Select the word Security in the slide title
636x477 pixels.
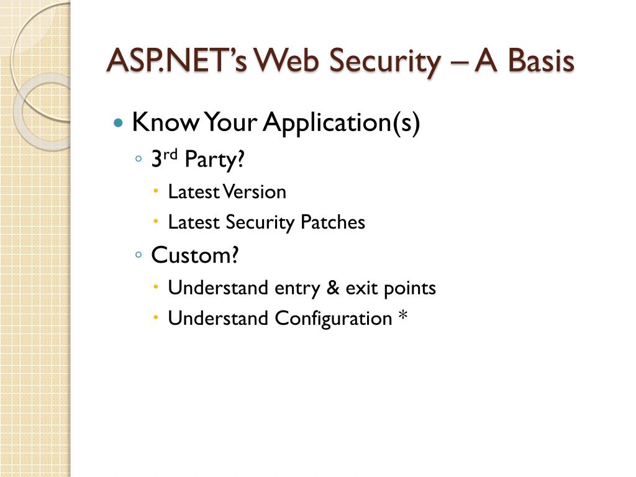coord(384,61)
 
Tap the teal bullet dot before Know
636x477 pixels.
coord(119,123)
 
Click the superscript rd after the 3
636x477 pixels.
coord(171,155)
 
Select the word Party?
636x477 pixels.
coord(211,160)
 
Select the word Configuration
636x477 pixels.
coord(333,319)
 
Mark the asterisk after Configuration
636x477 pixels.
coord(403,317)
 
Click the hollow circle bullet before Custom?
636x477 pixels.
coord(139,255)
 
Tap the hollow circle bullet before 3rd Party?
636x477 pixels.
coord(139,160)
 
